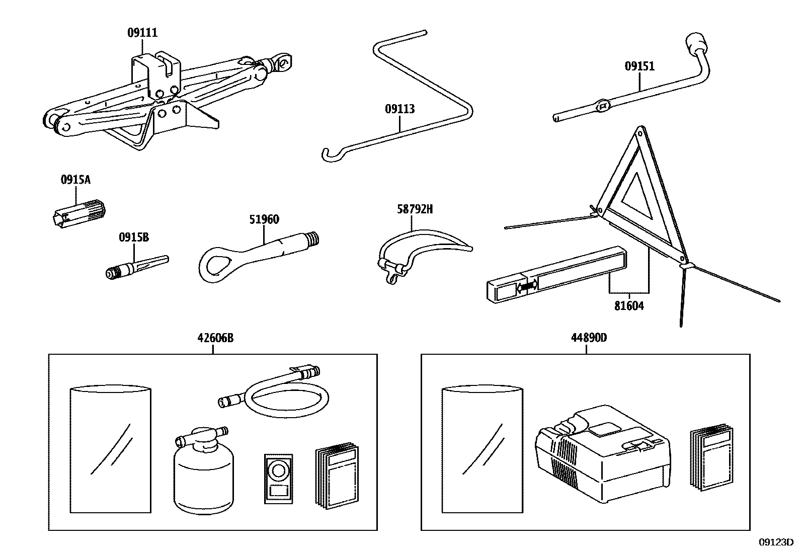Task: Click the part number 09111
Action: point(142,33)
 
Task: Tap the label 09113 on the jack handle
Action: point(400,109)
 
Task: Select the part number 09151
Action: point(639,66)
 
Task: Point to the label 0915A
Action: point(75,180)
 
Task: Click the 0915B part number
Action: point(134,238)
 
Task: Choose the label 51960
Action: point(264,219)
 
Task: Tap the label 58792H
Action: point(415,209)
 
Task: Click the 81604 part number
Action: point(629,305)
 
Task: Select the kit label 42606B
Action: point(215,338)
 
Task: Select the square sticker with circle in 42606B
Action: point(277,478)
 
